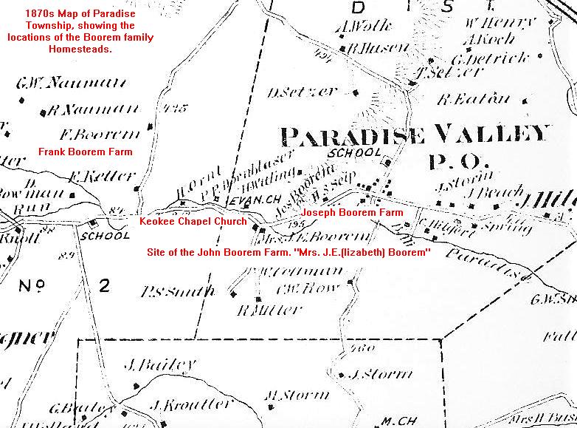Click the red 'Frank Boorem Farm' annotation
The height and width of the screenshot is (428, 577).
tap(86, 152)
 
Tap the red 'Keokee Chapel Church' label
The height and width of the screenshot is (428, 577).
tap(193, 221)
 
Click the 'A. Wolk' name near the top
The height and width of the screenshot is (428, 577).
tap(352, 29)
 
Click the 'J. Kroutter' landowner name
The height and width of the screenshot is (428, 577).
tap(181, 406)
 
